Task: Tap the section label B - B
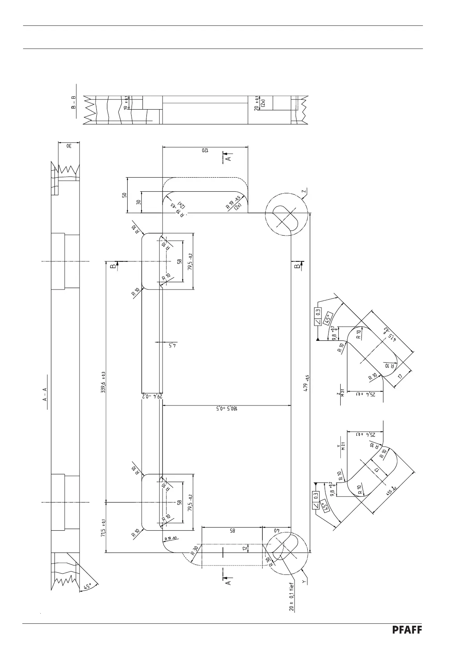click(73, 102)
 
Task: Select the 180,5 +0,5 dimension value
click(226, 409)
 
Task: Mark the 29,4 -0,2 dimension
click(152, 396)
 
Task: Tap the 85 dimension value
click(231, 531)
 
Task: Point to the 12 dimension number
click(245, 549)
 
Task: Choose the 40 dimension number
click(276, 531)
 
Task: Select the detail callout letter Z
click(304, 192)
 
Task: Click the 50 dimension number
click(125, 195)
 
